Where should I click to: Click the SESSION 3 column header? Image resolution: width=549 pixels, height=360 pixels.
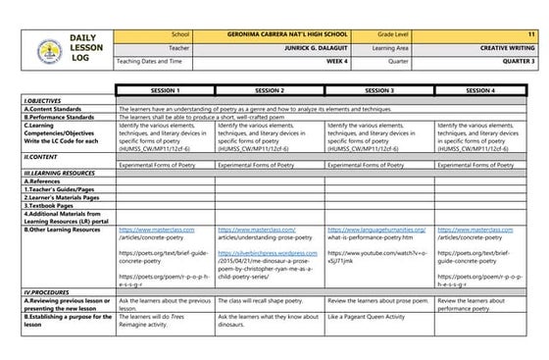378,89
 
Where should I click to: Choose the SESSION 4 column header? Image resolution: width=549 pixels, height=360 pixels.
486,89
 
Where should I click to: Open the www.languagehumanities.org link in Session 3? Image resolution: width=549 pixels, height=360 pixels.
379,229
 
